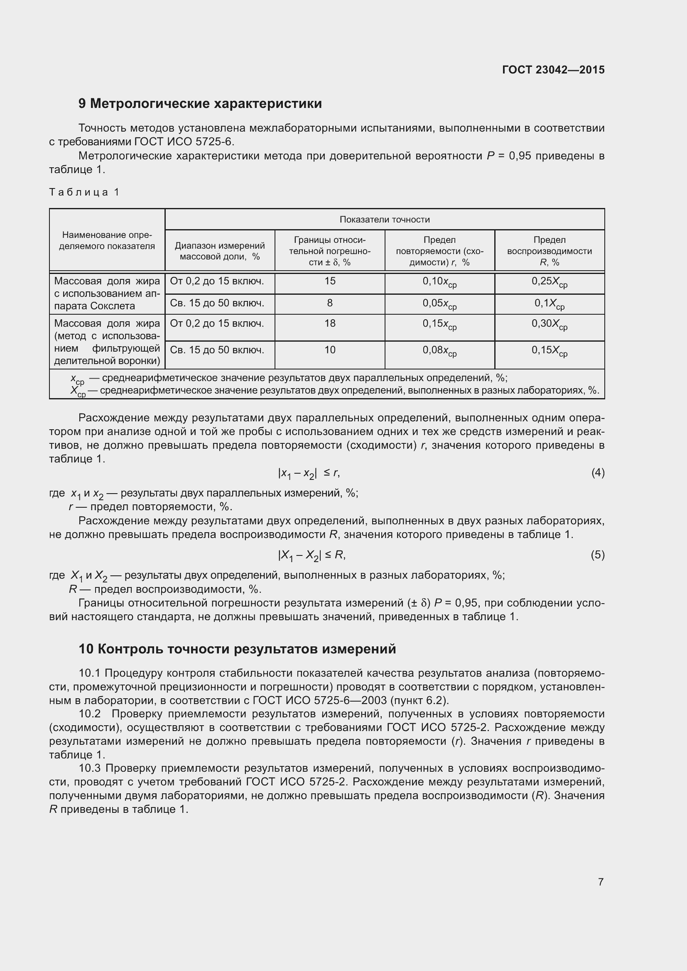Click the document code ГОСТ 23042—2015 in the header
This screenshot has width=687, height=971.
(x=553, y=70)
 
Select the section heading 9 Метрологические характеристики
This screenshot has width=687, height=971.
(x=200, y=104)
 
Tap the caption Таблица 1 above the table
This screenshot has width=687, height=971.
(x=84, y=192)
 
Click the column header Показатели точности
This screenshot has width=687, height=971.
(x=384, y=219)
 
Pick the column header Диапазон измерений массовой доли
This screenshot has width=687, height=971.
(x=220, y=251)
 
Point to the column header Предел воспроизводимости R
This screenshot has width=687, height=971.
(x=549, y=251)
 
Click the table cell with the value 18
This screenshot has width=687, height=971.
(x=329, y=323)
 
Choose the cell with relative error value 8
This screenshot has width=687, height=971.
(x=329, y=303)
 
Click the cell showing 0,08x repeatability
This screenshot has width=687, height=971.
(x=439, y=351)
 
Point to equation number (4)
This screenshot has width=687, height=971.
(x=597, y=473)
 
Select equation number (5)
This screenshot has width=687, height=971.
(x=597, y=555)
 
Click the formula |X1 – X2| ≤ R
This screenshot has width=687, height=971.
(x=312, y=555)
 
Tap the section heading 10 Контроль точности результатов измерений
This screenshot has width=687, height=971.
(x=237, y=649)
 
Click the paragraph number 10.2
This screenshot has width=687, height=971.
(x=89, y=714)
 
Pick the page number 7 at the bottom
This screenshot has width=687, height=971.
(x=600, y=882)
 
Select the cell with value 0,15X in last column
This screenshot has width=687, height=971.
(x=549, y=351)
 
